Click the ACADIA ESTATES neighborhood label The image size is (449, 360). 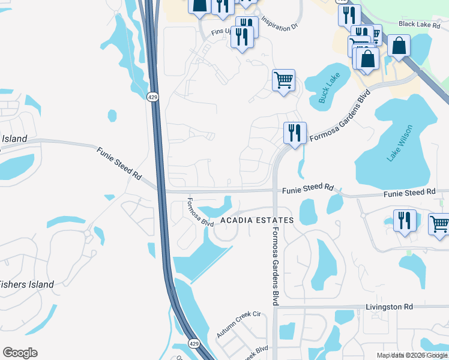[x=256, y=220]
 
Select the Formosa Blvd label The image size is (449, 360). [x=200, y=212]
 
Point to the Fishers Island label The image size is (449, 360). [x=26, y=284]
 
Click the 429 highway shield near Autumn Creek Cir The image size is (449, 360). [x=193, y=344]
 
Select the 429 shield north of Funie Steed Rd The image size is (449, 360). [x=153, y=97]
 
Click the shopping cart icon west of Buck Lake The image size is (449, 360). [x=283, y=79]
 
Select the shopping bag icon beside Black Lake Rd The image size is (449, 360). [x=399, y=45]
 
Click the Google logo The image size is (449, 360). [x=20, y=353]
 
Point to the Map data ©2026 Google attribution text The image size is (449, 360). [x=412, y=355]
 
